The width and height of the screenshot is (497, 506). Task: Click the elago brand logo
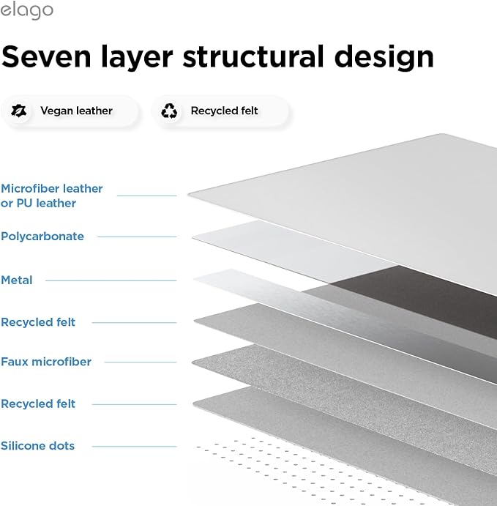coord(26,11)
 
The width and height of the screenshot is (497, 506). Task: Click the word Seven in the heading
coord(46,57)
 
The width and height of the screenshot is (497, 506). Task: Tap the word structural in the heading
coord(253,56)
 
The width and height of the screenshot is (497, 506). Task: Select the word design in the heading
coord(384,57)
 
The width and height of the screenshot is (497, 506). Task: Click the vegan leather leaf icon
coord(19,111)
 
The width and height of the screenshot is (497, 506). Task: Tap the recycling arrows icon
coord(169,111)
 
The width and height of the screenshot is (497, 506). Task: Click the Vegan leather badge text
coord(76,111)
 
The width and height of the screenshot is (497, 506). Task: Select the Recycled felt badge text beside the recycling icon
coord(224,111)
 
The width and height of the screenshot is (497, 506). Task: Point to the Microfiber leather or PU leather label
coord(51,196)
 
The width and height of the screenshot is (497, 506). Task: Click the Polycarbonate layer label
coord(42,237)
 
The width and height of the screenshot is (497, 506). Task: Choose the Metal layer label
coord(16,280)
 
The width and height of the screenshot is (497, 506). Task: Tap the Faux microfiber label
coord(46,362)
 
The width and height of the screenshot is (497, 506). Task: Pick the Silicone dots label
coord(38,446)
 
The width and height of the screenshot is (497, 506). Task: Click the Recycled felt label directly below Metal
coord(38,322)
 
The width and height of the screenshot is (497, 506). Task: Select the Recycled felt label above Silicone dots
coord(38,403)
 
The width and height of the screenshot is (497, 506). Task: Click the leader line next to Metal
coord(111,280)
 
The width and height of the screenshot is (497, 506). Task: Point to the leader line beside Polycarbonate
coord(137,237)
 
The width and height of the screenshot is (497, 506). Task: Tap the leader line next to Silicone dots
coord(134,447)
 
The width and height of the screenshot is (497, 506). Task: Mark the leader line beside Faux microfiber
coord(141,362)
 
